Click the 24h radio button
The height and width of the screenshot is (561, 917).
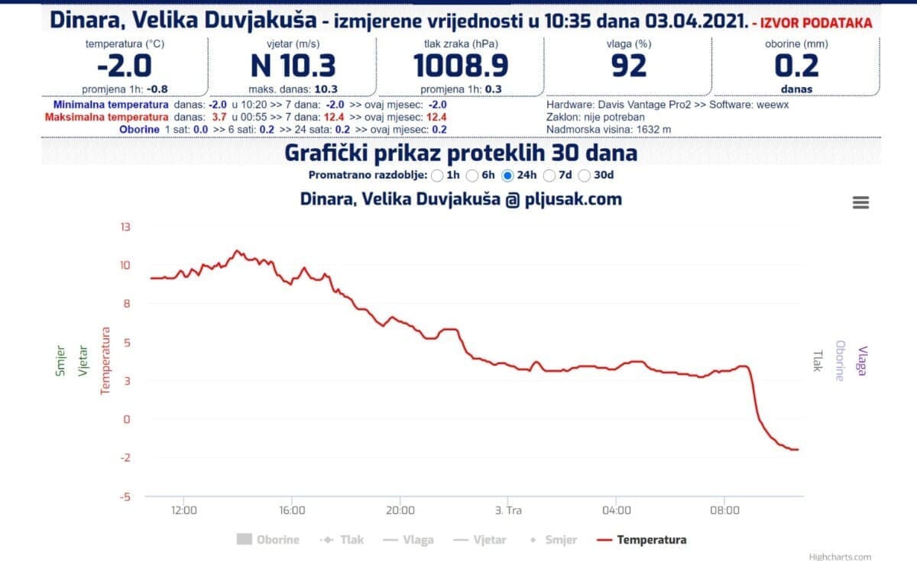(x=507, y=176)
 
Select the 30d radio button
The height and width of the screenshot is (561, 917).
(x=585, y=176)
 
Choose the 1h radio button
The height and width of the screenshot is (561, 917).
(x=437, y=176)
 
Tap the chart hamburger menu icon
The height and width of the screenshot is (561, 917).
(x=860, y=202)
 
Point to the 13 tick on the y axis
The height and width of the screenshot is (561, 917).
(x=125, y=227)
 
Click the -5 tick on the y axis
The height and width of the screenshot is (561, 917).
(x=124, y=496)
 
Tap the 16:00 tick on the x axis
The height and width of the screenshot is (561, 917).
(x=292, y=510)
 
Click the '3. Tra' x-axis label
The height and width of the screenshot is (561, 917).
(x=508, y=510)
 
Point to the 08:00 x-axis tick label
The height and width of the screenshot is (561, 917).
(x=724, y=510)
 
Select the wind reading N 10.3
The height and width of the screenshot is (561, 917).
(x=293, y=66)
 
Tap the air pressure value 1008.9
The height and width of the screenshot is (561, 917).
(x=461, y=66)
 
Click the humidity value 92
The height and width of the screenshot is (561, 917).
(x=629, y=66)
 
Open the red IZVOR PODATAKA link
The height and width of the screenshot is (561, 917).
(x=812, y=23)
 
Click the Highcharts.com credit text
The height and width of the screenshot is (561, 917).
(x=840, y=556)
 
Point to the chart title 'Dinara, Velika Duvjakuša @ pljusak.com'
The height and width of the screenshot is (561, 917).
(x=461, y=200)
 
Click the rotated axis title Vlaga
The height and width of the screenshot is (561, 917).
(x=863, y=360)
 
